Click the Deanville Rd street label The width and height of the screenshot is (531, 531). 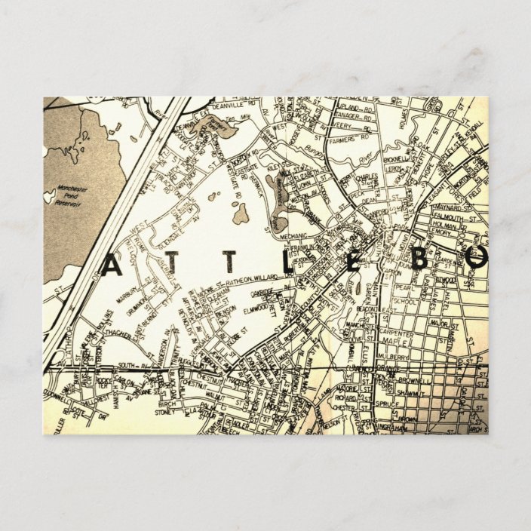point(213,107)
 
